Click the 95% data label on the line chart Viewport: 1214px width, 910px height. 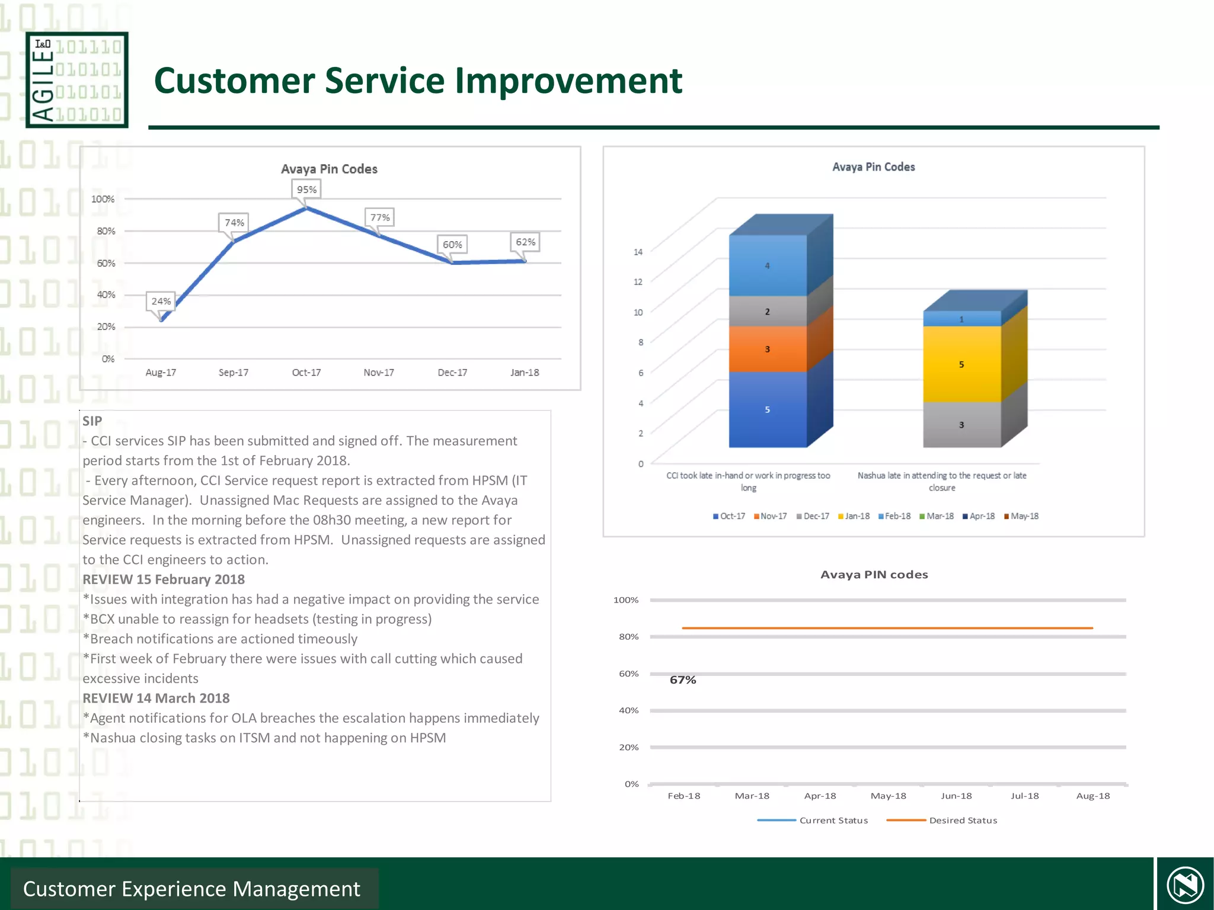click(x=306, y=190)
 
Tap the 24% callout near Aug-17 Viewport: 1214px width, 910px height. click(x=161, y=301)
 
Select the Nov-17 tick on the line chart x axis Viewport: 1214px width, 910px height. click(x=379, y=373)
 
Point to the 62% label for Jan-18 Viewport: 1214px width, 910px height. click(x=525, y=242)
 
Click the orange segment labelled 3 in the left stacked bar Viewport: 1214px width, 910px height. click(x=767, y=349)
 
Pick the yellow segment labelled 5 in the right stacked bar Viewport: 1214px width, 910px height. click(x=961, y=364)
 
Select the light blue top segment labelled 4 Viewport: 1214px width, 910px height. click(x=767, y=265)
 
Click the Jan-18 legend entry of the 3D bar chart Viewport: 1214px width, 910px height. click(x=854, y=516)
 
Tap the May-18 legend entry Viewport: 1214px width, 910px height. click(x=1021, y=516)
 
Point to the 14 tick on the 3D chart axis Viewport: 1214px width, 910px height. click(x=638, y=252)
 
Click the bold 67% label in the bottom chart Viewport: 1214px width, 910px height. click(x=683, y=680)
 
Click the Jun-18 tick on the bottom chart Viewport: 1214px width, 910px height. click(x=956, y=796)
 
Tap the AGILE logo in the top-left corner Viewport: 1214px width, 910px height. click(x=77, y=80)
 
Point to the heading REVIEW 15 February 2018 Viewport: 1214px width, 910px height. click(x=164, y=579)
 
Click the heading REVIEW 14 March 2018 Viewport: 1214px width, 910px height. click(x=156, y=698)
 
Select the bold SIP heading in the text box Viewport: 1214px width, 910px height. click(x=92, y=421)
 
